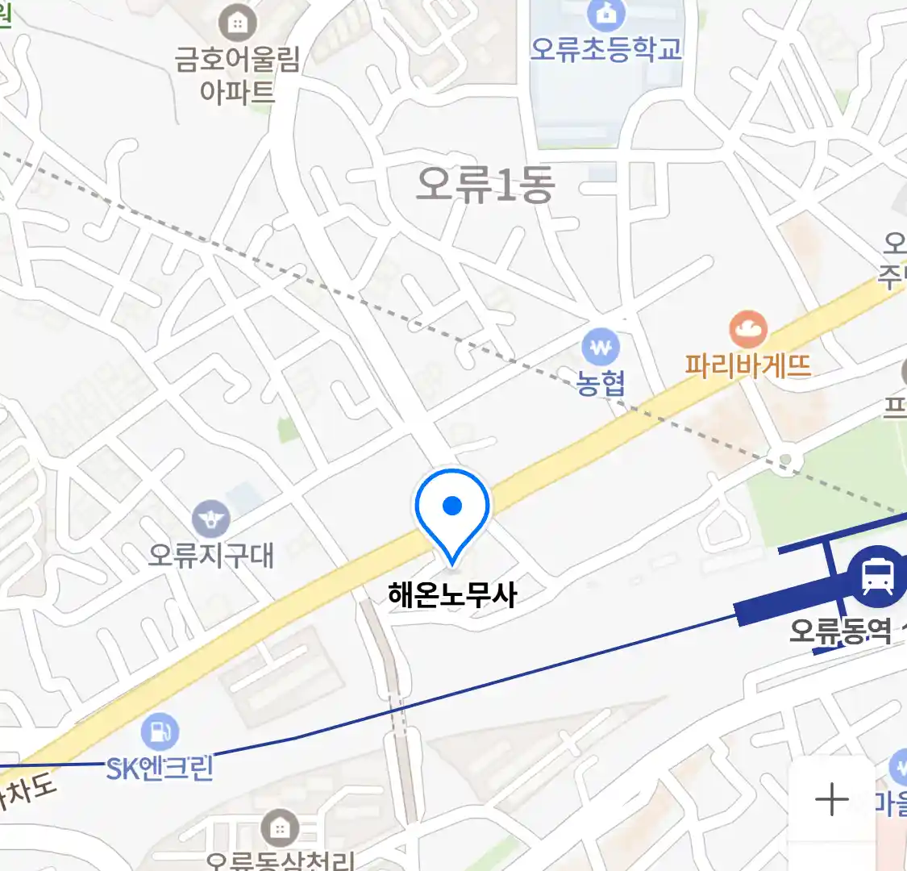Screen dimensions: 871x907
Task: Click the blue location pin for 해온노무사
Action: [x=452, y=508]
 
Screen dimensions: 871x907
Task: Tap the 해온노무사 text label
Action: [x=452, y=595]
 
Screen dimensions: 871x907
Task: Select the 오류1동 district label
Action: [x=485, y=185]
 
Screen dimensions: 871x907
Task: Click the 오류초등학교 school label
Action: [x=605, y=48]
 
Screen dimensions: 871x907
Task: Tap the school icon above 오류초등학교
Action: [x=601, y=13]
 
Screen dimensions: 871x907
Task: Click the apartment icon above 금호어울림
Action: [x=237, y=23]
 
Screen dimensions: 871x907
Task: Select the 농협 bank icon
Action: [x=601, y=348]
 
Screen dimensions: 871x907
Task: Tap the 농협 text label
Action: [x=601, y=383]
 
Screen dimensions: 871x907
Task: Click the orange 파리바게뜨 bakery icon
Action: [x=748, y=329]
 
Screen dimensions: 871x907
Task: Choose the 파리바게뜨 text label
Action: [x=748, y=366]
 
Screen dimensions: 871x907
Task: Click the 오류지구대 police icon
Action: [x=211, y=519]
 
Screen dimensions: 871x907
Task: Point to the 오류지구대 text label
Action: [x=211, y=555]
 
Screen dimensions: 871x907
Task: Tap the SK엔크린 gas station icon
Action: [x=160, y=731]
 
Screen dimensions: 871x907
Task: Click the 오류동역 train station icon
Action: [x=876, y=576]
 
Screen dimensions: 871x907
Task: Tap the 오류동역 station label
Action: [x=840, y=630]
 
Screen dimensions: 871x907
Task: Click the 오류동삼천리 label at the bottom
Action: [x=280, y=861]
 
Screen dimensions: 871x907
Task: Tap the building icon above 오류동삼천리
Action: [x=280, y=827]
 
